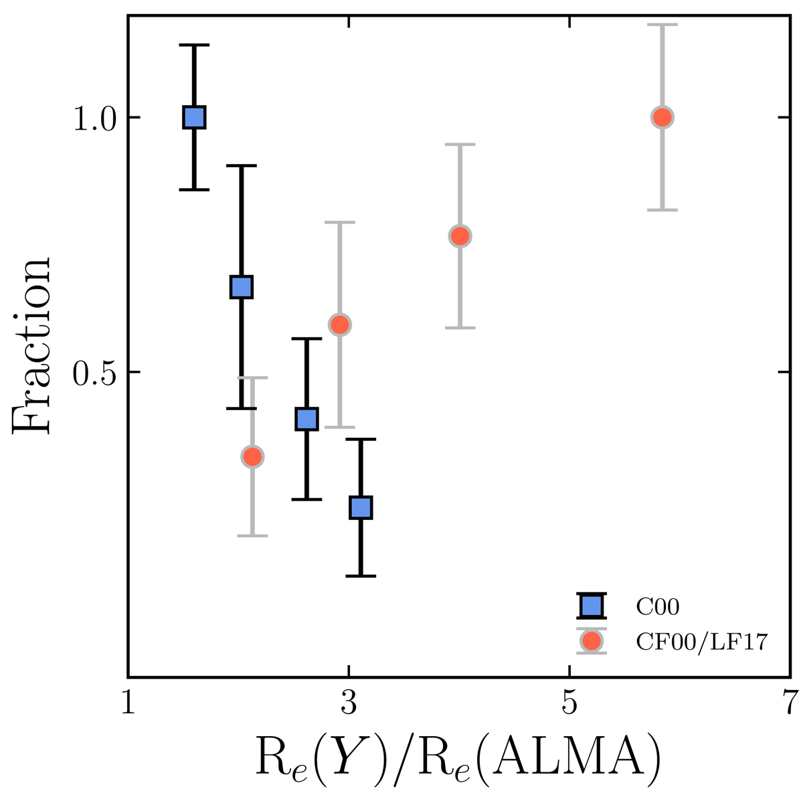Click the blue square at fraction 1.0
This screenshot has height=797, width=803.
[194, 117]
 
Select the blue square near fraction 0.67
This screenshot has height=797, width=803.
[241, 286]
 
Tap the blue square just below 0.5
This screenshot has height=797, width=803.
[306, 419]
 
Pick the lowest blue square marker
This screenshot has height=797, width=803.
[361, 507]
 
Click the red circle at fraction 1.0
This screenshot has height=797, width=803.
[662, 117]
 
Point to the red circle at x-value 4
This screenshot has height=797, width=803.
[460, 236]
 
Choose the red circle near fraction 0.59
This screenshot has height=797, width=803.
[340, 325]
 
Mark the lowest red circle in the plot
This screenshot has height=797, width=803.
[252, 456]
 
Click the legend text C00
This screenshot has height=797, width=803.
[657, 607]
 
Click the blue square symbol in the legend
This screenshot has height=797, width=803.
[591, 606]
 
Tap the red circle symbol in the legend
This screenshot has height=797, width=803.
[591, 641]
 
